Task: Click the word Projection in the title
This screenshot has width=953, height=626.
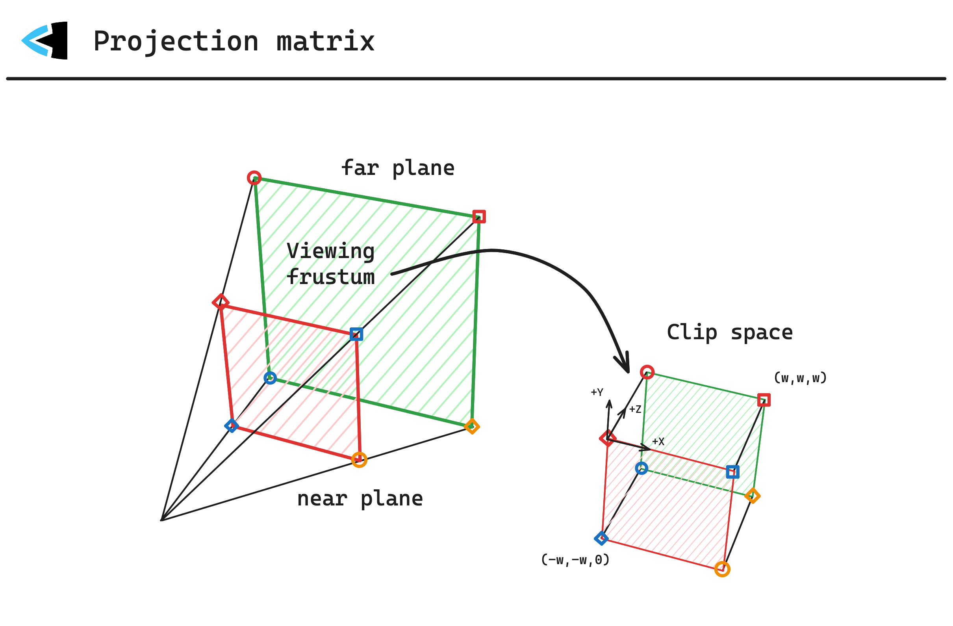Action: click(176, 41)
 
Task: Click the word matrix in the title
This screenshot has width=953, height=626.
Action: click(326, 41)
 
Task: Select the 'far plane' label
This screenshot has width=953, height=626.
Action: click(398, 168)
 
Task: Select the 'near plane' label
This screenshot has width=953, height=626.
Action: click(360, 499)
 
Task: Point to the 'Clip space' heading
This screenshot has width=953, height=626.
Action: click(730, 333)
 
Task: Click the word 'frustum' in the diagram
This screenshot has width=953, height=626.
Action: click(331, 277)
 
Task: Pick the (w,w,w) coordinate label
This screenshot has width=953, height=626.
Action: click(800, 378)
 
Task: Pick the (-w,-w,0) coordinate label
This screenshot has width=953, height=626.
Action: click(575, 559)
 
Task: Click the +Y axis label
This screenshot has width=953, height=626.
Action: click(597, 392)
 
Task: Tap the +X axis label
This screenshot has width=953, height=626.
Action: click(658, 441)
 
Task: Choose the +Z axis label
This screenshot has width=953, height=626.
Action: click(635, 409)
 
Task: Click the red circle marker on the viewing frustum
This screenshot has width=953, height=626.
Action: click(254, 178)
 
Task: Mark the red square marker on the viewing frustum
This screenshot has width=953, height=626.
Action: click(479, 217)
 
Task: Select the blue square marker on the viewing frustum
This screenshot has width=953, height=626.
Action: click(356, 334)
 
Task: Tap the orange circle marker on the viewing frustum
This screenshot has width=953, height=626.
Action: click(359, 460)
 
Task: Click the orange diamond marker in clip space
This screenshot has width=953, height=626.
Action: click(753, 496)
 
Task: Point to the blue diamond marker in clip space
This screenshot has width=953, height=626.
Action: click(601, 538)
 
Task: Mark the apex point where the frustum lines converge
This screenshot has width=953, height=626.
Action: click(161, 520)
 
